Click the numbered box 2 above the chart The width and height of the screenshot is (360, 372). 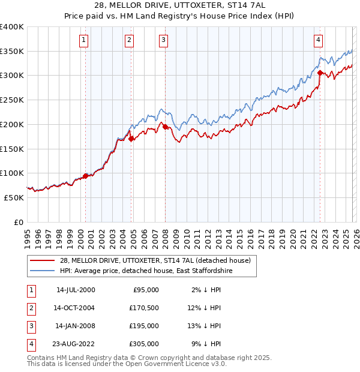point(129,40)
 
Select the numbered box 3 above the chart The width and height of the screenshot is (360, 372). point(164,40)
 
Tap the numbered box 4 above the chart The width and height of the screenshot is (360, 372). point(318,40)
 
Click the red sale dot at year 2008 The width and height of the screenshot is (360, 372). point(165,127)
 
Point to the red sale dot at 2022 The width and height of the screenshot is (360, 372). point(320,73)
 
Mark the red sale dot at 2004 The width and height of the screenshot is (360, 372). point(131,139)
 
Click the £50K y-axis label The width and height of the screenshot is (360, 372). point(14,197)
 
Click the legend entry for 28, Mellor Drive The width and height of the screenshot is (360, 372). point(158,260)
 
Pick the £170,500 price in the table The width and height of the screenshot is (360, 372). point(145,308)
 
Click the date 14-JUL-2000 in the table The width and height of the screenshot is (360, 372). point(75,290)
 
